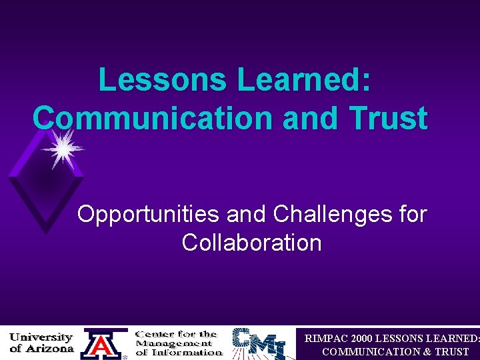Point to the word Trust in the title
point(389,119)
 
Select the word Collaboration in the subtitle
point(251,243)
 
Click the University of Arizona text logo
point(41,343)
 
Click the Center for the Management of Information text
point(179,343)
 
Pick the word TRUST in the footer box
point(451,351)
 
